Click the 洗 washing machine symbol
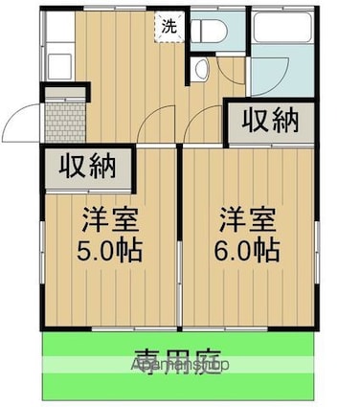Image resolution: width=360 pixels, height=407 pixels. coord(169,27)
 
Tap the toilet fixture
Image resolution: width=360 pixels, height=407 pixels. coord(208,30)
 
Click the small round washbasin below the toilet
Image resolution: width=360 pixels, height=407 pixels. coord(201,68)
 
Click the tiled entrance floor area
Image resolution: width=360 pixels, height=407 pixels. coord(63,120)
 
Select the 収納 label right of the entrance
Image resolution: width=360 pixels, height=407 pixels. coord(89,167)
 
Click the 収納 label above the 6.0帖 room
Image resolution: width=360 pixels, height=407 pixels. coord(269,122)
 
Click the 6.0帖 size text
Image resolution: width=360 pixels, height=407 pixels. coord(247,251)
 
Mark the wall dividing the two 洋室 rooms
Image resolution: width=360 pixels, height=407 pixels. coord(179,239)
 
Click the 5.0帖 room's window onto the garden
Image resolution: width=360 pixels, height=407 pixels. coord(107,328)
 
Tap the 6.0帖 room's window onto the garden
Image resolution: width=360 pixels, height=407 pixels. coord(247,328)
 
